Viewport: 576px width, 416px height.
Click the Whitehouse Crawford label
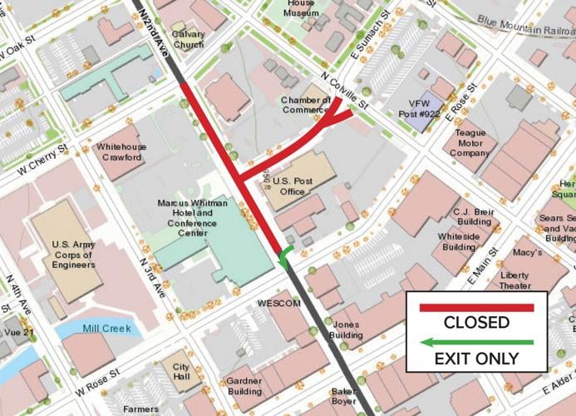[x=121, y=152]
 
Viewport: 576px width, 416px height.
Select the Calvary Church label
[x=188, y=39]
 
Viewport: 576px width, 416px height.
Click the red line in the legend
[x=476, y=307]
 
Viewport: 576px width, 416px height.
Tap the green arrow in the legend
[x=476, y=342]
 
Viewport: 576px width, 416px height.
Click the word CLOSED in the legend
[x=476, y=323]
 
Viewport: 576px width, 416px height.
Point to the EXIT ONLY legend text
[x=476, y=359]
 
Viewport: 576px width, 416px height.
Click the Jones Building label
[x=347, y=329]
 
